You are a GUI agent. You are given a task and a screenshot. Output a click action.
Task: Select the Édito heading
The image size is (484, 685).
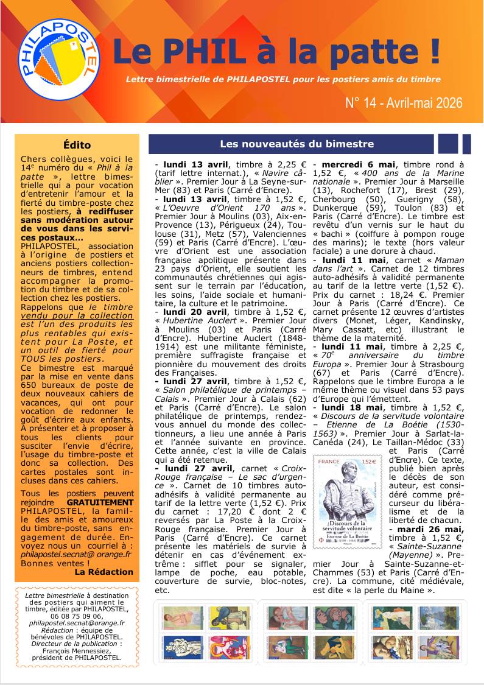tap(77, 145)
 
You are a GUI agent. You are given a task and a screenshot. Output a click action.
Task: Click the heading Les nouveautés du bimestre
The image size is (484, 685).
tap(297, 144)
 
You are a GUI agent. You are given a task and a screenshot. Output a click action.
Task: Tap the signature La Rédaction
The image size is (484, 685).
tap(103, 572)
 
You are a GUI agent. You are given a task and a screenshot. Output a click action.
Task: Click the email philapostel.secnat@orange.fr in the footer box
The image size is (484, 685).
tap(77, 623)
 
